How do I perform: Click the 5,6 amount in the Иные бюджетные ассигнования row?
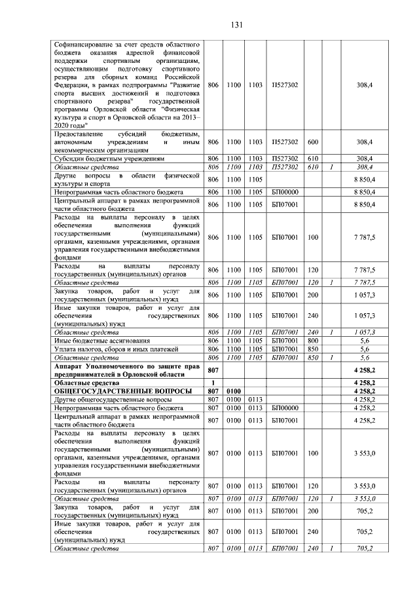coord(364,341)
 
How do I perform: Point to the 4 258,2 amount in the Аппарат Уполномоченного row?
coord(363,370)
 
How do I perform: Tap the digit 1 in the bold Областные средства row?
coord(213,382)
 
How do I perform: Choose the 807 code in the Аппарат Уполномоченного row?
coord(213,370)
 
